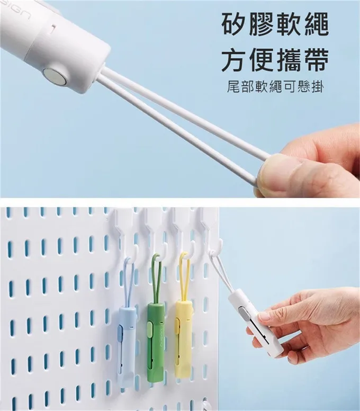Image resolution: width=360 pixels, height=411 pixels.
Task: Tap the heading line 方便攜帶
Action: point(275,60)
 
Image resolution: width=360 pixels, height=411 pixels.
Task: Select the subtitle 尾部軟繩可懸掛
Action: point(275,87)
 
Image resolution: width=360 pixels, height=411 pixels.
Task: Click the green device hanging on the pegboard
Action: point(154,341)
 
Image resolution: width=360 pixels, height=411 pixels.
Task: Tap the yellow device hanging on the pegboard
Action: point(183,337)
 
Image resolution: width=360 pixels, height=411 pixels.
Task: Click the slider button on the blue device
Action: point(121,334)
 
